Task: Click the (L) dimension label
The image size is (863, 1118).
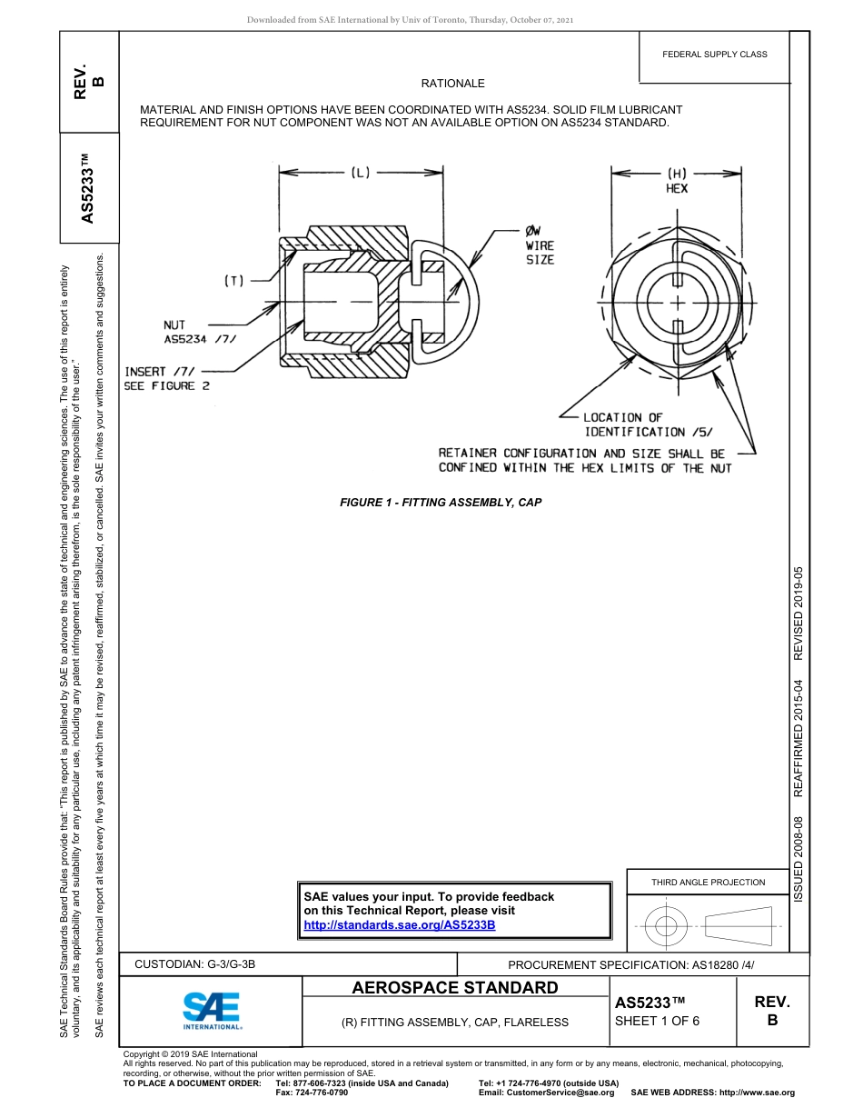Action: pyautogui.click(x=361, y=172)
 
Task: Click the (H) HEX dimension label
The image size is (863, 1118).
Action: pyautogui.click(x=677, y=180)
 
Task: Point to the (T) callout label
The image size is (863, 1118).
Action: pyautogui.click(x=234, y=282)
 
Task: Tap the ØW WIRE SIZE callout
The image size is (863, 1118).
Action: pyautogui.click(x=539, y=245)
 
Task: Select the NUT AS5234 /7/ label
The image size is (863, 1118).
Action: pyautogui.click(x=199, y=332)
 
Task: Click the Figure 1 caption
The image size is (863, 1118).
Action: pyautogui.click(x=441, y=502)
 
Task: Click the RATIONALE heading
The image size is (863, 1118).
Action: pyautogui.click(x=452, y=84)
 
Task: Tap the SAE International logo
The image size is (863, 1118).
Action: pyautogui.click(x=212, y=1010)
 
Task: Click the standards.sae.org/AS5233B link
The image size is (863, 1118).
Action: pyautogui.click(x=399, y=924)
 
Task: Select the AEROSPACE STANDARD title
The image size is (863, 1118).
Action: pyautogui.click(x=455, y=988)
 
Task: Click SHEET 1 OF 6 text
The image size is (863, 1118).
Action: pyautogui.click(x=657, y=1021)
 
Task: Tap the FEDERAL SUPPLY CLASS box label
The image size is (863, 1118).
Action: pyautogui.click(x=715, y=55)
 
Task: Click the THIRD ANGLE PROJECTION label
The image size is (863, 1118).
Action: pyautogui.click(x=708, y=882)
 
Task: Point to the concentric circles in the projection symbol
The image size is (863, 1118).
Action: pyautogui.click(x=667, y=927)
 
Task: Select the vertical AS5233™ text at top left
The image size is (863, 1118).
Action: pyautogui.click(x=87, y=189)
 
